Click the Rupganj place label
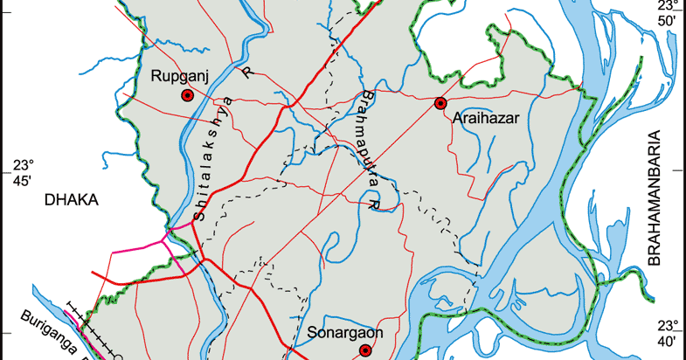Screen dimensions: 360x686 [178, 77]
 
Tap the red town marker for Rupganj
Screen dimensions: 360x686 [187, 96]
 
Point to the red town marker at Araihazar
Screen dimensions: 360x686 [440, 104]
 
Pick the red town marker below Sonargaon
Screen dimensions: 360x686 [365, 351]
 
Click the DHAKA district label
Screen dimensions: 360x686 [72, 200]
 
